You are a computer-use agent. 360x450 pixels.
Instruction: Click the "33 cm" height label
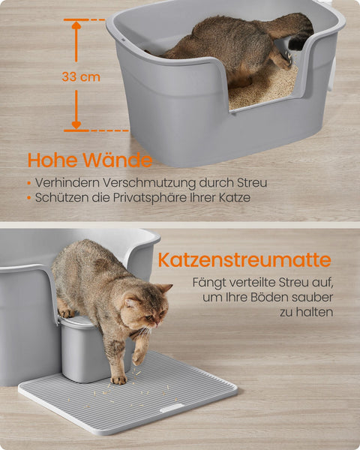pyautogui.click(x=81, y=76)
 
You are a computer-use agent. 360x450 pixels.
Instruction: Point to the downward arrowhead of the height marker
pyautogui.click(x=76, y=124)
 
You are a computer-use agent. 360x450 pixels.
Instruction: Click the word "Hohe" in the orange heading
pyautogui.click(x=52, y=160)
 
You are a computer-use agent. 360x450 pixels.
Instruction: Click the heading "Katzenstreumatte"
pyautogui.click(x=244, y=260)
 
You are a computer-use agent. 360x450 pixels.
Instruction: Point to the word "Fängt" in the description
pyautogui.click(x=209, y=283)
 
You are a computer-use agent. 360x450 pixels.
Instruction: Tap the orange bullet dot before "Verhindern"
pyautogui.click(x=28, y=183)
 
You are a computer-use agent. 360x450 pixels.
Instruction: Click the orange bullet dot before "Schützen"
pyautogui.click(x=28, y=199)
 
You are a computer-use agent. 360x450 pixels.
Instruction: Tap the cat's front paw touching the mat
pyautogui.click(x=119, y=379)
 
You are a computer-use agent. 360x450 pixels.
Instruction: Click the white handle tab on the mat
pyautogui.click(x=171, y=408)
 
